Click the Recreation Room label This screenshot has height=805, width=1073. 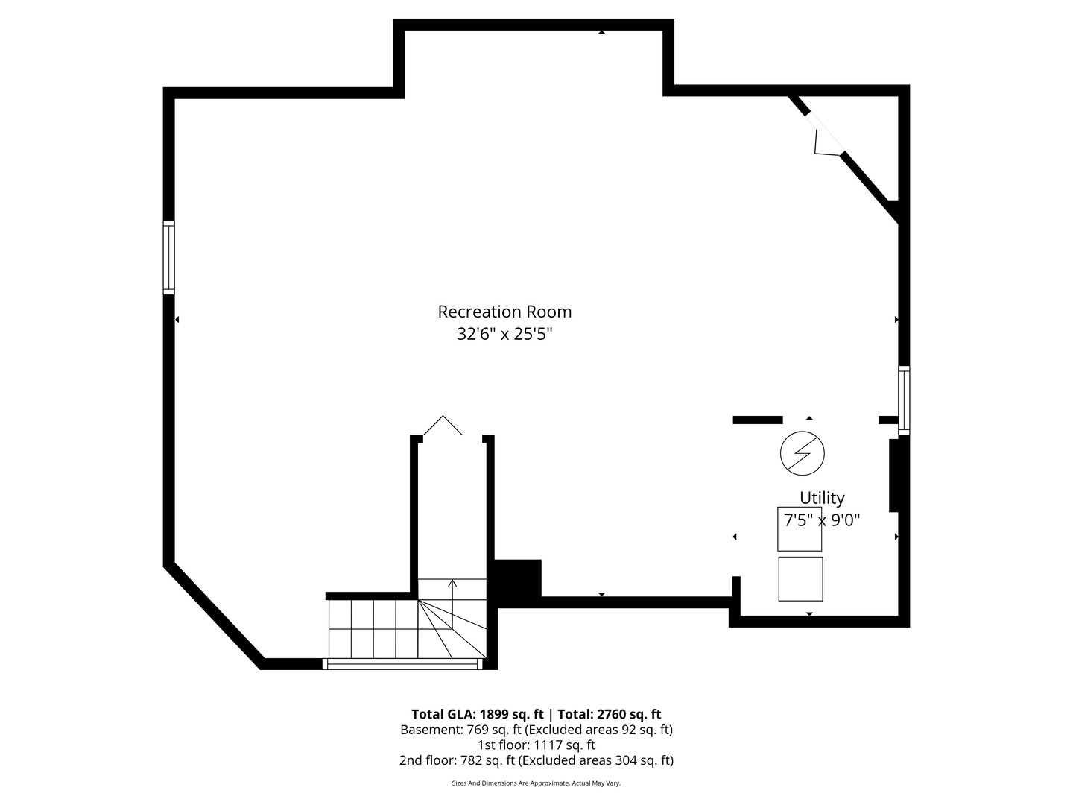(x=504, y=312)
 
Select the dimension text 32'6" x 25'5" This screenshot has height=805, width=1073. (x=504, y=334)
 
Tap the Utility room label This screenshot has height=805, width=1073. (x=822, y=498)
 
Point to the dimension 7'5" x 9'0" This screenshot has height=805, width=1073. (x=822, y=520)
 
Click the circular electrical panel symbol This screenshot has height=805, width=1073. (x=803, y=452)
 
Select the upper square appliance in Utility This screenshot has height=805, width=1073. (x=800, y=529)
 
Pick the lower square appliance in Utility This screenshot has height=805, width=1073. (x=800, y=578)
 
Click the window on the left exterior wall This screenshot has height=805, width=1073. (x=169, y=257)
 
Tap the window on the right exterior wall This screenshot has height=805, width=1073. (x=904, y=400)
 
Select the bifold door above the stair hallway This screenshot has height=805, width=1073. (x=443, y=426)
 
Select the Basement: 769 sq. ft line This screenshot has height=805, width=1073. (x=536, y=730)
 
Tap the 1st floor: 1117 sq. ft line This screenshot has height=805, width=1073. (x=536, y=745)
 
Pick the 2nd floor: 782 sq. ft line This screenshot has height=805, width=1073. (x=536, y=760)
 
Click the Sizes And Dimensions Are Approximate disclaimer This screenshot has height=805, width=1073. (x=536, y=783)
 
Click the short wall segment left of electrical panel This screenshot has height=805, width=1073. (x=758, y=420)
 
